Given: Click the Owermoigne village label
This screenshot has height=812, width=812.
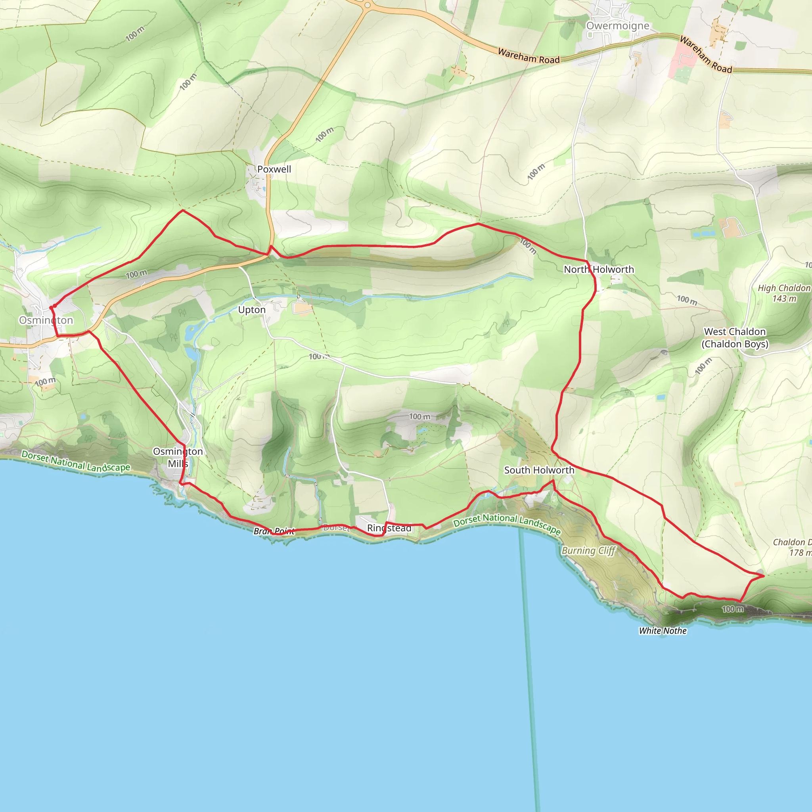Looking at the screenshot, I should [617, 26].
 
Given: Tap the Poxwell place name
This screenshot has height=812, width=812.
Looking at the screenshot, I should [274, 169].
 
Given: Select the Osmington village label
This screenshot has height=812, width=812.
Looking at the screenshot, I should [46, 320].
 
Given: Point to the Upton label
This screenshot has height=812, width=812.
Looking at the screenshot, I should [252, 310].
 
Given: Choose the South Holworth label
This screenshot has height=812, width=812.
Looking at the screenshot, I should [539, 470].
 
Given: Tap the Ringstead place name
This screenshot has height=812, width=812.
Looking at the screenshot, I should [389, 528].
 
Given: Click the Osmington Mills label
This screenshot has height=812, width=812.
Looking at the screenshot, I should [178, 457].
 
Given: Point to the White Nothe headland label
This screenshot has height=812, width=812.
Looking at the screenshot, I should [663, 631].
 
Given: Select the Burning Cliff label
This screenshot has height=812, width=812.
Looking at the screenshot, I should [588, 550].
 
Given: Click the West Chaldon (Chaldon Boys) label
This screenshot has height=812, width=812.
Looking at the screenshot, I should [735, 338].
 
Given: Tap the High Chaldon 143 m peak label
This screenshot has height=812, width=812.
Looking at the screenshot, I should [784, 293].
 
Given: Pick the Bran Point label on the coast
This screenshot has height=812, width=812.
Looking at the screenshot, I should [274, 531].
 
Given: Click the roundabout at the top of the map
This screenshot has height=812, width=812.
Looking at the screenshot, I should [367, 6].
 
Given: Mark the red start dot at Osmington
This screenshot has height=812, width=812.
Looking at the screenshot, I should [51, 308].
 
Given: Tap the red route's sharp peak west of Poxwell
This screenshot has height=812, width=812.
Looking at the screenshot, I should [183, 210].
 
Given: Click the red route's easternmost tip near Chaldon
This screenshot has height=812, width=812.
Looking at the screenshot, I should [764, 576].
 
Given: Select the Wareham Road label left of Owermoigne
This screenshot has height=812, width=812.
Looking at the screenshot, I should [529, 56].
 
